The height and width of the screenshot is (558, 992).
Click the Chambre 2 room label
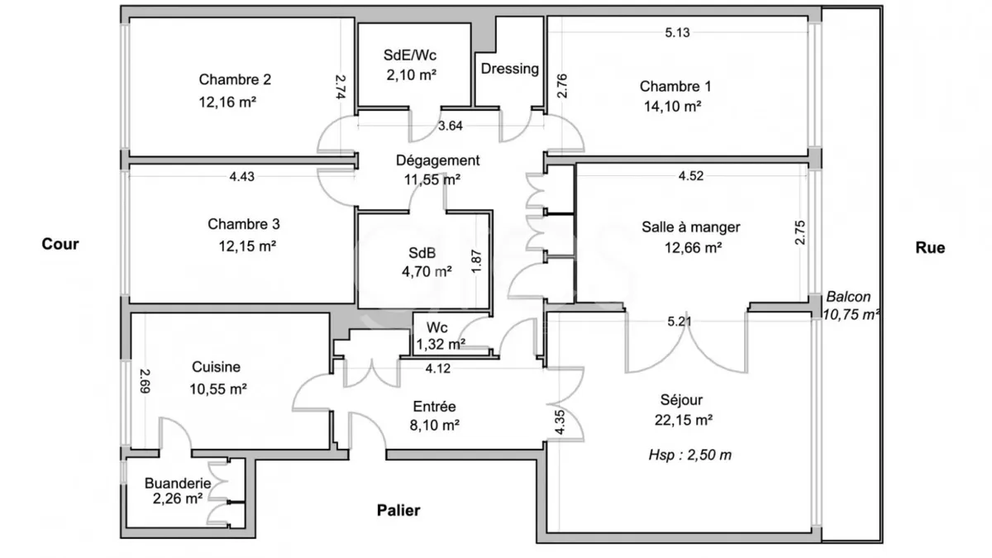click(235, 79)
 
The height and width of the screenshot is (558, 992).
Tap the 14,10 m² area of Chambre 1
click(672, 107)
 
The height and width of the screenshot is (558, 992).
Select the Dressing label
click(510, 69)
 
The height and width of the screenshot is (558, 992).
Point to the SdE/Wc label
click(410, 55)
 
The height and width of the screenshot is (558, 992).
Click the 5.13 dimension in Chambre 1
click(677, 32)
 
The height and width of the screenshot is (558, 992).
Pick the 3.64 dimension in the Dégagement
click(451, 126)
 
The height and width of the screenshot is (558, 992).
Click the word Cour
click(60, 244)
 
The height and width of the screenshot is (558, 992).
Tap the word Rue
click(930, 247)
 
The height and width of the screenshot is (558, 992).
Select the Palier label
click(398, 510)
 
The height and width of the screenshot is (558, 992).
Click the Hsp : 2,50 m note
click(690, 455)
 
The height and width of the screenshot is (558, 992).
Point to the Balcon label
click(848, 296)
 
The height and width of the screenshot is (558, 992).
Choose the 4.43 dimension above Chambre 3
click(241, 177)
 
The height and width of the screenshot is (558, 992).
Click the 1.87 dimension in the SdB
click(476, 261)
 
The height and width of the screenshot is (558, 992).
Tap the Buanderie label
click(178, 483)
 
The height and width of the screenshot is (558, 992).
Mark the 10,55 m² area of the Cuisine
click(218, 389)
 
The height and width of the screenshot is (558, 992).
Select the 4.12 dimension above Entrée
click(438, 369)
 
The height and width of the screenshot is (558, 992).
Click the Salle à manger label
click(691, 227)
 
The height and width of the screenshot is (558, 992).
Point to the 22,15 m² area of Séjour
click(684, 420)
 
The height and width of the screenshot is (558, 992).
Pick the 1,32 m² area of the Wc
click(441, 344)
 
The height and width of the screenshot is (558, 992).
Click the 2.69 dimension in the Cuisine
click(145, 381)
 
